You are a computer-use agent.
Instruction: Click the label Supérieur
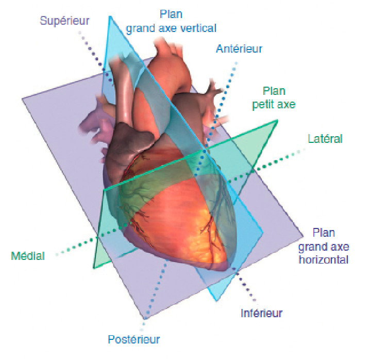coord(64,21)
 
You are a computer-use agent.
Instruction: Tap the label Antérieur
coord(239,49)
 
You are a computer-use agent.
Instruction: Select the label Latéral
coord(325,139)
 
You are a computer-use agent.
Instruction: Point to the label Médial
coord(28,255)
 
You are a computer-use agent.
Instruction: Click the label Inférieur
coord(261,313)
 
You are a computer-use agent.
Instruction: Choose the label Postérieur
coord(133,339)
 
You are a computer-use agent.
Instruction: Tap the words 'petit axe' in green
coord(274,105)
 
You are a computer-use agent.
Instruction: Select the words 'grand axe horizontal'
coord(323,252)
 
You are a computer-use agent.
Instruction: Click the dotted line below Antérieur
coord(224,88)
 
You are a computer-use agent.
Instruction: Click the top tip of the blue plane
coord(110,17)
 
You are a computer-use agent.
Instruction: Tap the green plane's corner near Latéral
coord(277,121)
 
